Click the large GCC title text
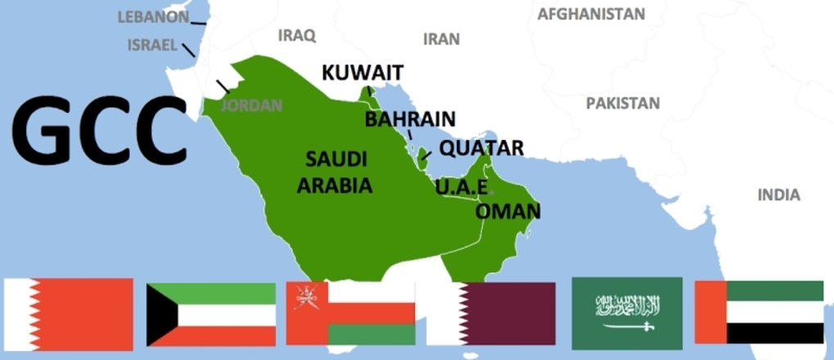[x=100, y=129]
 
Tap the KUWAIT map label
[x=363, y=73]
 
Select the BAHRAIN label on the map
[x=410, y=119]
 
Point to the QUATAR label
[x=480, y=148]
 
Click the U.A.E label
[x=462, y=187]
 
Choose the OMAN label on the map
[x=507, y=211]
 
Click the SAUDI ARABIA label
[x=335, y=172]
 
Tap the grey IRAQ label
[x=296, y=35]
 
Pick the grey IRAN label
[x=441, y=38]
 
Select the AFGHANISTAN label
[x=591, y=14]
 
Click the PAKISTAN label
[x=622, y=103]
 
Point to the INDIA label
[x=778, y=195]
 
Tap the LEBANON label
[x=153, y=16]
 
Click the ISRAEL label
[x=152, y=45]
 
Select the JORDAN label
[x=251, y=105]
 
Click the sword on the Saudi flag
[x=627, y=326]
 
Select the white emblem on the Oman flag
[x=307, y=297]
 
